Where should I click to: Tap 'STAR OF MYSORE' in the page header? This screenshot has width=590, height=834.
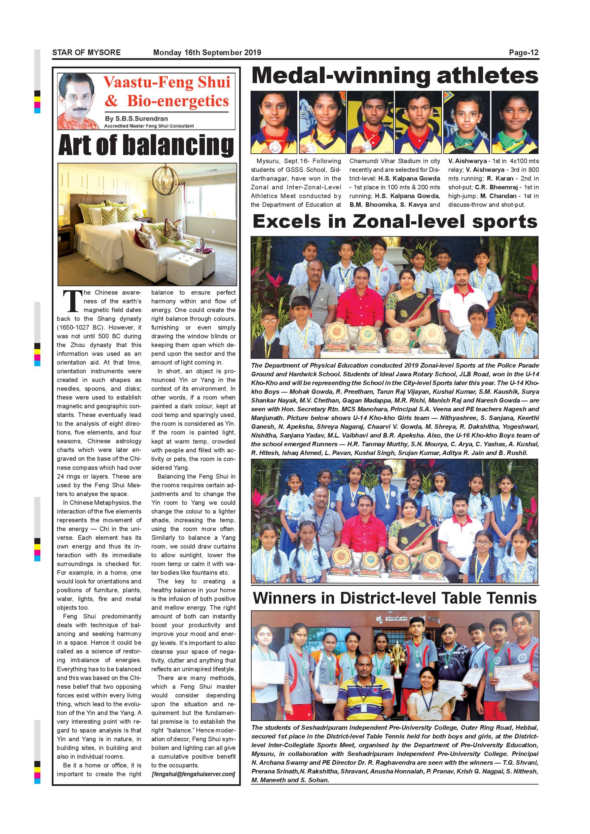(86, 53)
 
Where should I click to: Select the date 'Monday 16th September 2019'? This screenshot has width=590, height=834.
(207, 53)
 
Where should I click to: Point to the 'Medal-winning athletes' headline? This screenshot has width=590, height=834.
(395, 76)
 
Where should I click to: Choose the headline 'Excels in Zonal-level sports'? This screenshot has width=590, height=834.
(395, 222)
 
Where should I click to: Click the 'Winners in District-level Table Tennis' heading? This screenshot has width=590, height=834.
(395, 598)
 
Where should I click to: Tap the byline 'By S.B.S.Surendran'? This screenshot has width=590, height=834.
(136, 118)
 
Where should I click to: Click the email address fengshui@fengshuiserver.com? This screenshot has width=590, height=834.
(193, 774)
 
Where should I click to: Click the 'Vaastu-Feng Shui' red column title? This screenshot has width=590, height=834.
(167, 82)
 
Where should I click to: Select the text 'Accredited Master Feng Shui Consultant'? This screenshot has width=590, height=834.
(149, 126)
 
